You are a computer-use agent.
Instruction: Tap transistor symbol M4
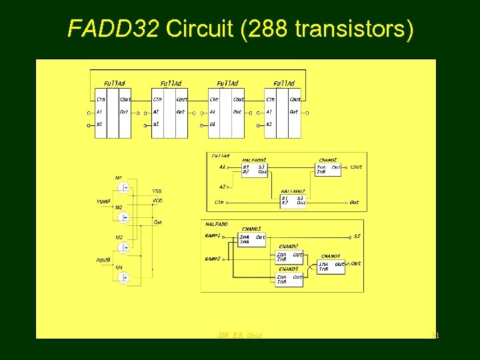[x=123, y=277]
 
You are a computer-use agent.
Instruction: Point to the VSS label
[x=157, y=191]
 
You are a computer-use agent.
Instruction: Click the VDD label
[x=157, y=200]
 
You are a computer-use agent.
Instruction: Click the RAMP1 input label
[x=213, y=235]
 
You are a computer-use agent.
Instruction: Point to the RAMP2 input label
[x=213, y=259]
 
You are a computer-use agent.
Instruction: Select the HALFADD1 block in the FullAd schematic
[x=254, y=169]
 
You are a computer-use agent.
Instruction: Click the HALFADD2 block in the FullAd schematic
[x=293, y=199]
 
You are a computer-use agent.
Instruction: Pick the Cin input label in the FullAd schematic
[x=219, y=202]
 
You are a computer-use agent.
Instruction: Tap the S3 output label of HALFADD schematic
[x=357, y=236]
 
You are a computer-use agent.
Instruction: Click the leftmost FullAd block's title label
[x=114, y=83]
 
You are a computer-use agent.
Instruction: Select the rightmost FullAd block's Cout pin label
[x=295, y=99]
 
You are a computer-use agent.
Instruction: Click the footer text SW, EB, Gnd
[x=240, y=335]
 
